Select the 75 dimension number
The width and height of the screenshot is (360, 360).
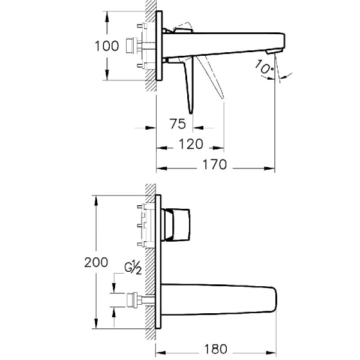(176, 125)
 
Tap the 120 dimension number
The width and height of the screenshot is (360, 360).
(191, 145)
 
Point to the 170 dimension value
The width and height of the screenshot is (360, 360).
(214, 165)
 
